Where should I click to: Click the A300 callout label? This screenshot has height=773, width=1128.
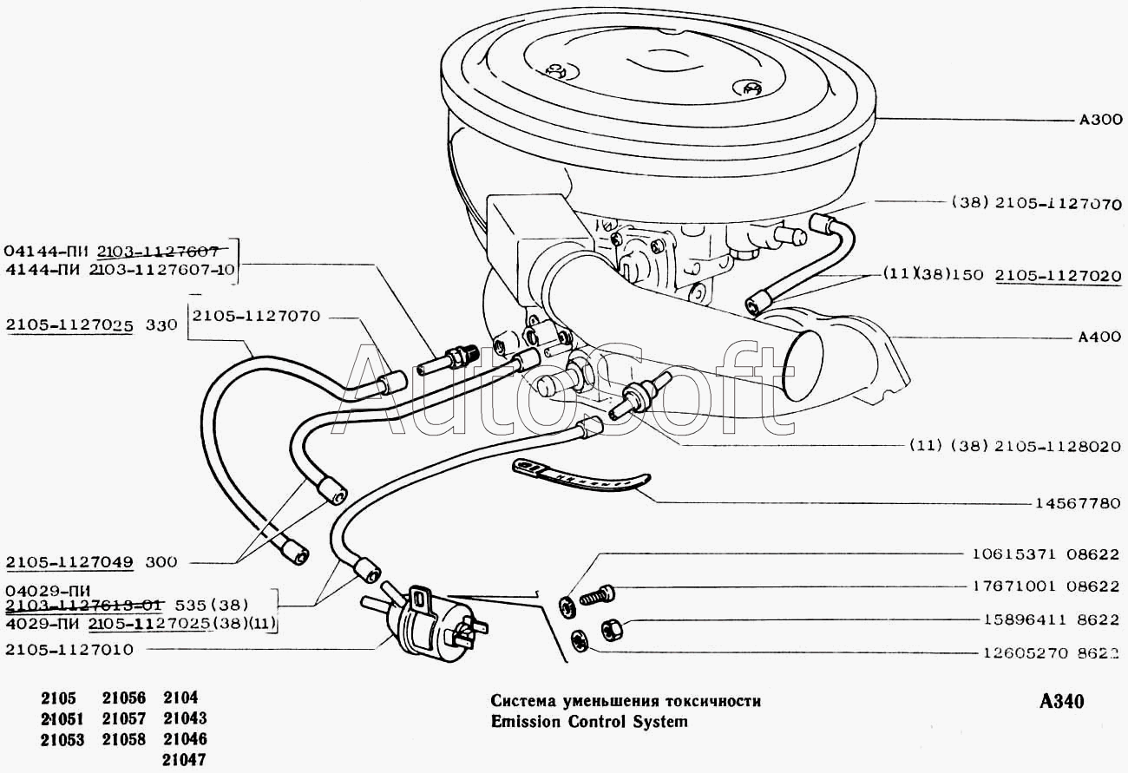pos(1099,121)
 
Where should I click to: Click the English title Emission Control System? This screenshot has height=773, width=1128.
pos(588,722)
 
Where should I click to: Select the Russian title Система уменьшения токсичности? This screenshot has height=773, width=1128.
pos(625,701)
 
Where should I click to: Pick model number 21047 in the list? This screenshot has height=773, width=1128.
pos(184,760)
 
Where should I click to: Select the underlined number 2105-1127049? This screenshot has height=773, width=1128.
pos(69,561)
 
